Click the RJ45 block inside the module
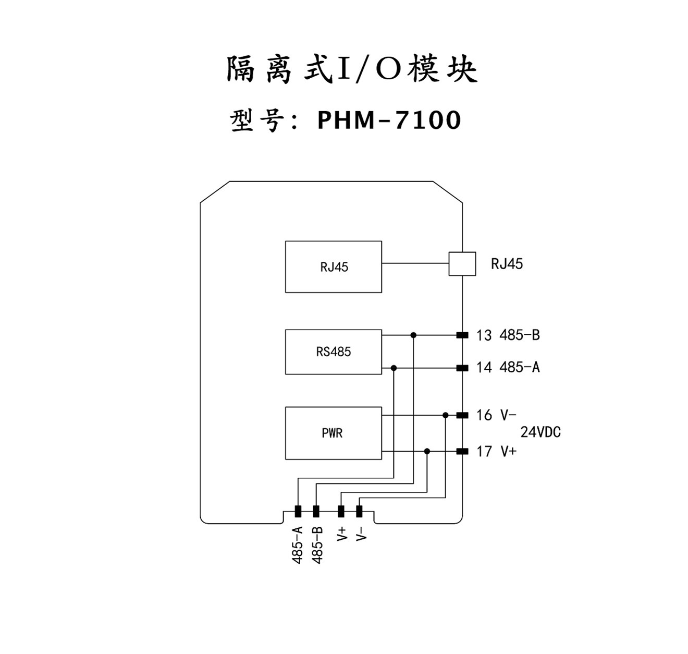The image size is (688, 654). click(x=334, y=267)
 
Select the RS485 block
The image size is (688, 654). click(x=334, y=352)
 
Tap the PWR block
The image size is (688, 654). click(x=334, y=433)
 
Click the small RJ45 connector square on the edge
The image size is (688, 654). click(x=462, y=264)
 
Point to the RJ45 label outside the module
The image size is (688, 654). click(x=507, y=264)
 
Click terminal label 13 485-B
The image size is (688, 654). click(x=508, y=335)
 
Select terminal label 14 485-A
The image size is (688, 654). click(x=508, y=368)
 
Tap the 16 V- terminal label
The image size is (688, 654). click(x=496, y=415)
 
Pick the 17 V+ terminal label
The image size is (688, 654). click(x=496, y=451)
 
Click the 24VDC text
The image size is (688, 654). click(x=540, y=432)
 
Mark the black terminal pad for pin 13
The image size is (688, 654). click(x=462, y=335)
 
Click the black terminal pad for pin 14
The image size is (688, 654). click(x=462, y=368)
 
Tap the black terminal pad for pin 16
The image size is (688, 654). click(x=462, y=415)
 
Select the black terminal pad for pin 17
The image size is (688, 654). click(x=462, y=451)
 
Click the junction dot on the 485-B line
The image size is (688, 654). click(x=413, y=335)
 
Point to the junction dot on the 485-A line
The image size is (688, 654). click(x=394, y=368)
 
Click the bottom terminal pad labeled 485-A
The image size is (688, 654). click(x=298, y=511)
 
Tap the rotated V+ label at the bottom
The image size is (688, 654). click(x=341, y=534)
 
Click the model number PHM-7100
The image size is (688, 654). click(x=389, y=120)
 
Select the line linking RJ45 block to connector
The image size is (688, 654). click(x=415, y=263)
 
